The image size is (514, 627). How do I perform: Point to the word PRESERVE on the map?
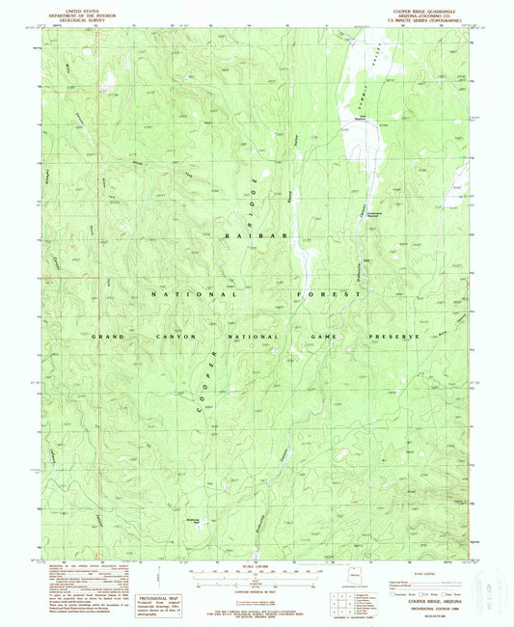393,337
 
